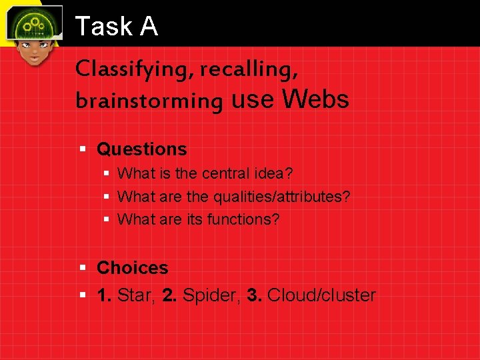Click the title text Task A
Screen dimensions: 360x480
pyautogui.click(x=117, y=27)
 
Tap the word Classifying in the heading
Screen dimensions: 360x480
pyautogui.click(x=123, y=69)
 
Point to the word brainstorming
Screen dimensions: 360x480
pyautogui.click(x=149, y=101)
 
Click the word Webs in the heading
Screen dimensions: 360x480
pyautogui.click(x=316, y=99)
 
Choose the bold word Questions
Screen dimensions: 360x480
pyautogui.click(x=141, y=149)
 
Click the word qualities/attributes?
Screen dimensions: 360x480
pyautogui.click(x=281, y=197)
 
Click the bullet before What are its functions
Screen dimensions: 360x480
pyautogui.click(x=107, y=219)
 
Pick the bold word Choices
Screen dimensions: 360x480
pyautogui.click(x=132, y=268)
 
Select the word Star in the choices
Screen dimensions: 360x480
pyautogui.click(x=137, y=295)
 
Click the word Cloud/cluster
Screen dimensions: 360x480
pyautogui.click(x=321, y=295)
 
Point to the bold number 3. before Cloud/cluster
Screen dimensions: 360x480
pyautogui.click(x=254, y=295)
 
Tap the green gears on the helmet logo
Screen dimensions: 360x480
pyautogui.click(x=33, y=25)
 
